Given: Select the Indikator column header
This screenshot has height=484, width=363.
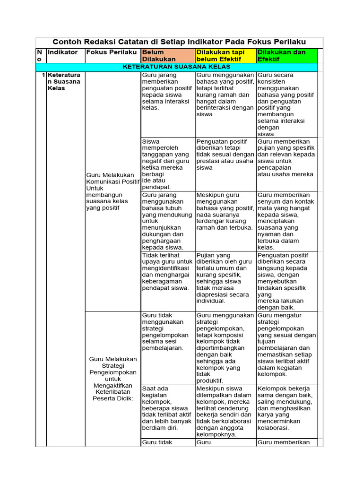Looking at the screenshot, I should pos(62,52).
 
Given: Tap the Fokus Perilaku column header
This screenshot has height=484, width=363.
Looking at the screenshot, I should pos(112,52).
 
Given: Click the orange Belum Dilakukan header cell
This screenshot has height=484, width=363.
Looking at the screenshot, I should pos(167,55).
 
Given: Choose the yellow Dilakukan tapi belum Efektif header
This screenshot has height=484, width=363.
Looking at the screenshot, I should pos(225,55).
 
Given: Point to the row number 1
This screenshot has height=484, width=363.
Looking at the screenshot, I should pos(43,75).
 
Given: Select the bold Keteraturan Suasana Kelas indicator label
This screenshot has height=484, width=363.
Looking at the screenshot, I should pos(64,82).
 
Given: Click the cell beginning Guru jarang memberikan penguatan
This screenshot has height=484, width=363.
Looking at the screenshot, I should pos(167,91).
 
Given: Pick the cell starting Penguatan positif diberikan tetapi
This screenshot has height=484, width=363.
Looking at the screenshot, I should pos(225,154).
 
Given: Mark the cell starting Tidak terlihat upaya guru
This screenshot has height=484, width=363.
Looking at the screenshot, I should pos(167,272).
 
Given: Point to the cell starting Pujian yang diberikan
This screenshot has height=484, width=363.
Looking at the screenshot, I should pos(225,278).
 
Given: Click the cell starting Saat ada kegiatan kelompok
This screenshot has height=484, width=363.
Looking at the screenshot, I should pos(167,408).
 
